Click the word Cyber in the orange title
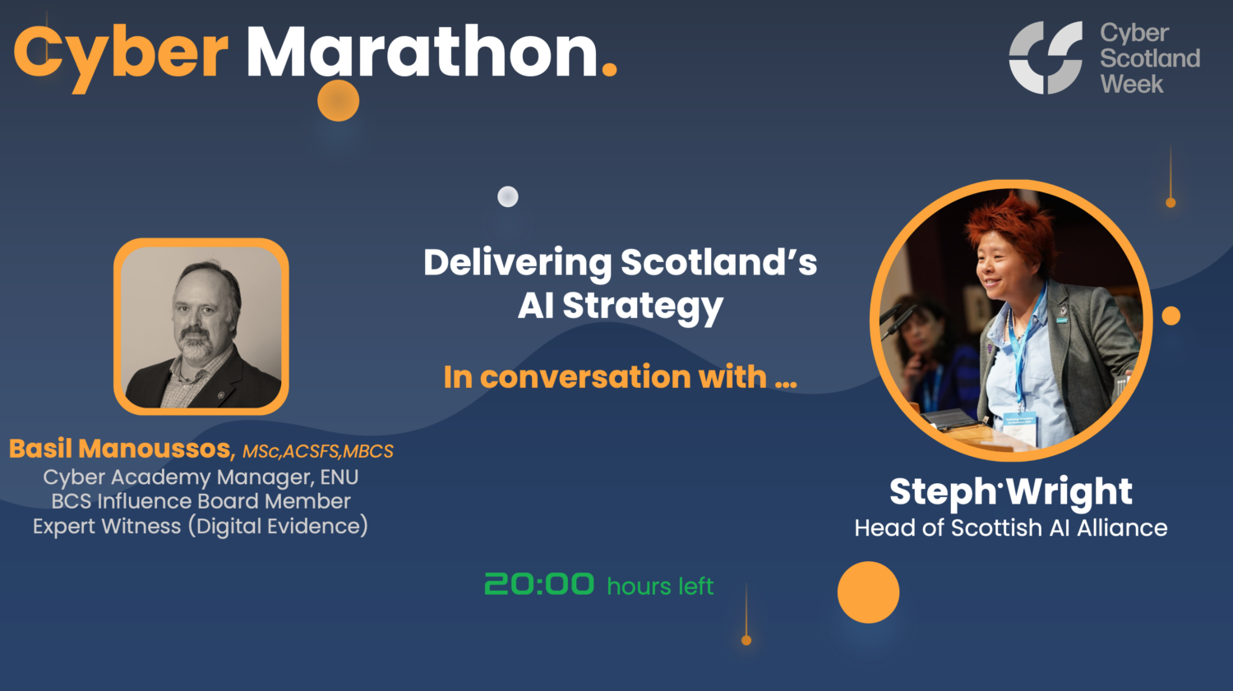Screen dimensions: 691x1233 120,53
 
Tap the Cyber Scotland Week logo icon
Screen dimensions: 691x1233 1046,58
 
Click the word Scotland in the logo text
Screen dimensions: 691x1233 1150,58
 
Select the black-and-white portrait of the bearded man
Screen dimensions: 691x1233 201,326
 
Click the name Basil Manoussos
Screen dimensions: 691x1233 122,449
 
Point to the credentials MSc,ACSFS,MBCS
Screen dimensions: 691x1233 317,451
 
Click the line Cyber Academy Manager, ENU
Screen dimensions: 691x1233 201,477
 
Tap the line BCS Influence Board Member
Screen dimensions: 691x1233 201,501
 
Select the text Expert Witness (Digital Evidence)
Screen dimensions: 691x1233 201,526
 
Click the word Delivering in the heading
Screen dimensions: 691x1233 517,263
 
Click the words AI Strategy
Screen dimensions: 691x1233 620,306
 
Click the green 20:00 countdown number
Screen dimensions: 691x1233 539,584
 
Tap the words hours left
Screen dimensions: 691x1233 660,587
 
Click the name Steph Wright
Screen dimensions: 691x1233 1010,492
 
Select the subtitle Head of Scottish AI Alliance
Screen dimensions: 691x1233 1010,527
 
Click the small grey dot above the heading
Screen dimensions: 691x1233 508,196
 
